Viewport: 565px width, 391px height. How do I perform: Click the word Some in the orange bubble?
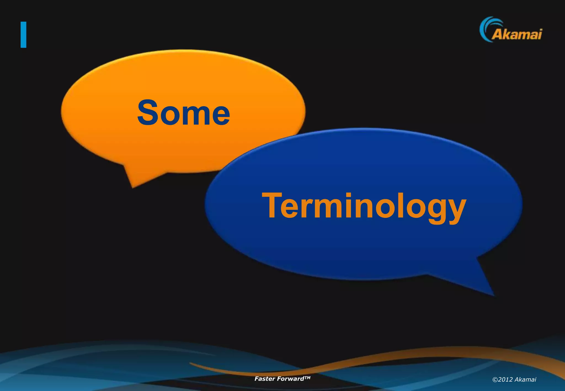183,113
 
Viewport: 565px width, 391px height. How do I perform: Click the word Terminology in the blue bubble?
364,206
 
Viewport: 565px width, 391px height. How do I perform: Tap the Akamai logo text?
517,34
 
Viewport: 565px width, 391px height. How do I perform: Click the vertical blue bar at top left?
23,35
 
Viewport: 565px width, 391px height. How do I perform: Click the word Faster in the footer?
264,379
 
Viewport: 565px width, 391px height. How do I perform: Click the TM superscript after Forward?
307,377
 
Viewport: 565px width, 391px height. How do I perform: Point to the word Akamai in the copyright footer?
526,380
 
